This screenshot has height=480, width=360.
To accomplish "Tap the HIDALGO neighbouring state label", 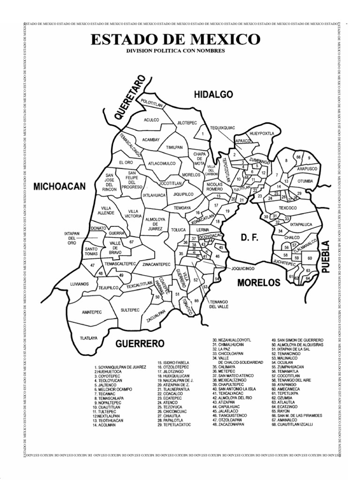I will pyautogui.click(x=213, y=95).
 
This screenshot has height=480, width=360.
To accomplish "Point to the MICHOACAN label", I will pyautogui.click(x=60, y=187).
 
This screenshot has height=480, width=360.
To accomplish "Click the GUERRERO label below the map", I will pyautogui.click(x=140, y=344).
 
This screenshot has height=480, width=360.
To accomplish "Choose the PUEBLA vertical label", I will pyautogui.click(x=326, y=256).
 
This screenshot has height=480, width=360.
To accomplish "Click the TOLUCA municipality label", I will pyautogui.click(x=179, y=230).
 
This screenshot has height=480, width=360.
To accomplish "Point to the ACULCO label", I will pyautogui.click(x=152, y=120).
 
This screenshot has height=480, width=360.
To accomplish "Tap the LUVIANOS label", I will pyautogui.click(x=79, y=284).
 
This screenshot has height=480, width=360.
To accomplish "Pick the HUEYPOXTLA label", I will pyautogui.click(x=262, y=133).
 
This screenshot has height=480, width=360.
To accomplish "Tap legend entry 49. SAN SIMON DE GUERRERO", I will pyautogui.click(x=297, y=339).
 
